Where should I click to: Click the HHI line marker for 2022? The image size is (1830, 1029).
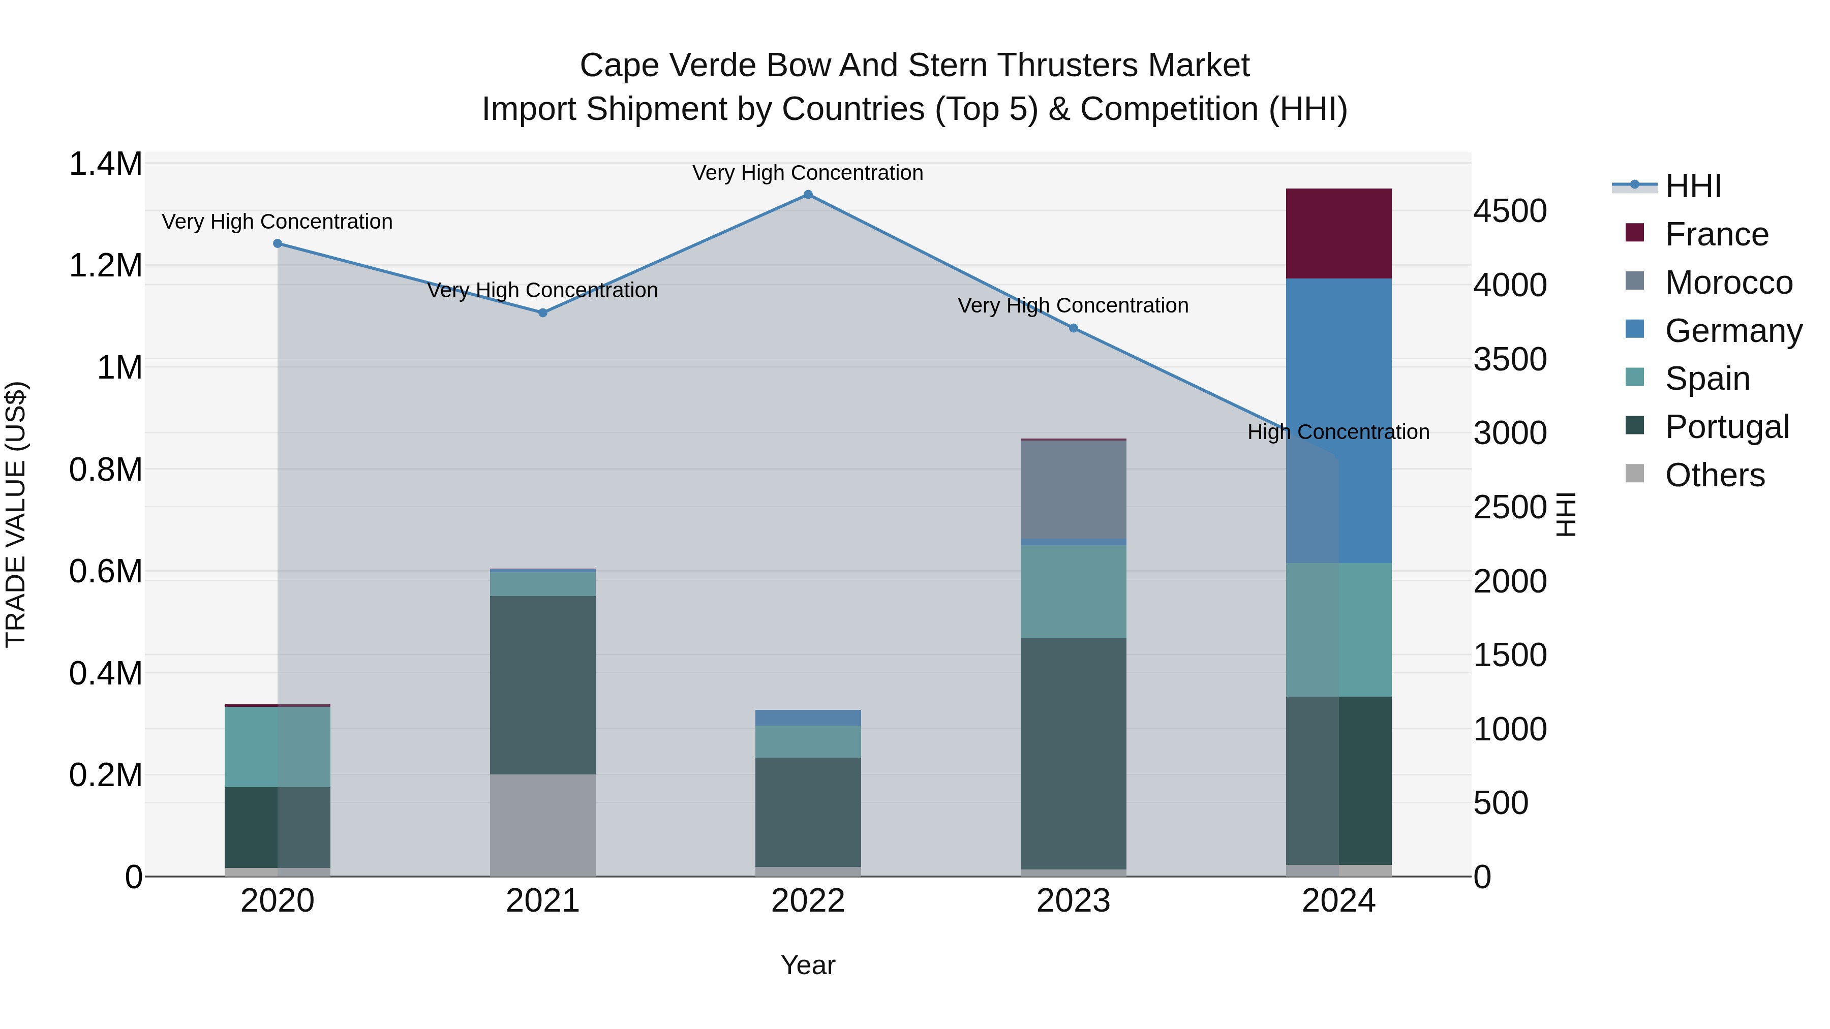coord(808,195)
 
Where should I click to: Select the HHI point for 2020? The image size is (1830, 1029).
coord(278,243)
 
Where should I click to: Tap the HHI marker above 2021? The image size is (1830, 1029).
coord(543,313)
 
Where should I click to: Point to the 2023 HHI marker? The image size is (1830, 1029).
coord(1074,328)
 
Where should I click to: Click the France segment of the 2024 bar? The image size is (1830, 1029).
coord(1338,234)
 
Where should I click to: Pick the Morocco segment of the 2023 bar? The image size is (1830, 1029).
coord(1074,490)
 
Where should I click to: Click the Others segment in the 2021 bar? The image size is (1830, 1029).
coord(543,825)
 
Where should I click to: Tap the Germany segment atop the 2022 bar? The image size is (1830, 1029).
coord(808,717)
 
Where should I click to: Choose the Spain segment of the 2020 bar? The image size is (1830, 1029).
coord(278,747)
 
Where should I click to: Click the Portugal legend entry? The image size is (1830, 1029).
coord(1726,427)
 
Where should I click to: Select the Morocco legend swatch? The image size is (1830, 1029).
coord(1635,280)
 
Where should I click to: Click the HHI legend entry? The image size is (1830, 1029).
coord(1693,186)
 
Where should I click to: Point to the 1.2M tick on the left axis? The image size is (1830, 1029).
coord(105,266)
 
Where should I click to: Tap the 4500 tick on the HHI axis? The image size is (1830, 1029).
coord(1510,211)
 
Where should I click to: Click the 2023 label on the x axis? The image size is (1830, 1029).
coord(1074,901)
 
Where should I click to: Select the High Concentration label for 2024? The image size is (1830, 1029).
coord(1338,432)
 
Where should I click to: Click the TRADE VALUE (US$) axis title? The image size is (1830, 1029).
coord(16,514)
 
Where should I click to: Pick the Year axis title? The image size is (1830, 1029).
coord(808,965)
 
